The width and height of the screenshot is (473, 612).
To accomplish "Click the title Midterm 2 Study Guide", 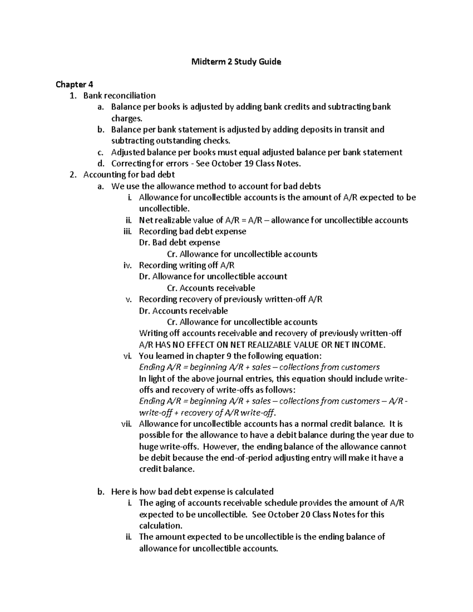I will (x=236, y=61).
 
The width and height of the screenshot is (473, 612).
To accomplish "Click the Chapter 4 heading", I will (x=71, y=84).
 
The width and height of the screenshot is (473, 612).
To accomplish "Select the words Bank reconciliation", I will (x=119, y=96).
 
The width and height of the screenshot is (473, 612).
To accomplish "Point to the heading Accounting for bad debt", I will (x=129, y=175).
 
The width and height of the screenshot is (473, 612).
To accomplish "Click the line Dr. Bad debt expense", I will (x=179, y=243).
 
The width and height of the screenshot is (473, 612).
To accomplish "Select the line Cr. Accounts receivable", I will (x=211, y=288).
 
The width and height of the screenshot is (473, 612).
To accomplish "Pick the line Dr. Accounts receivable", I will (x=183, y=311).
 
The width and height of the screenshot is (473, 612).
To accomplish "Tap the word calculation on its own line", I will (x=160, y=526).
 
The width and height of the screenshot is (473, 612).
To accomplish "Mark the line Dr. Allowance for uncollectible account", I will (x=213, y=277).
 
